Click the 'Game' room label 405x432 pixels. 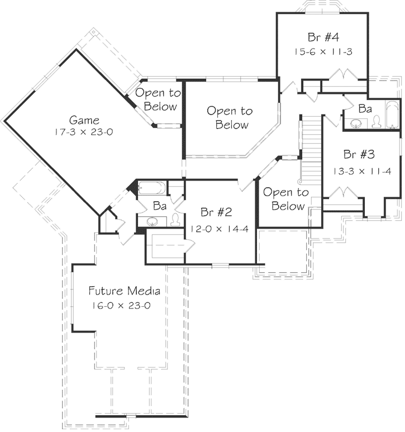point(84,120)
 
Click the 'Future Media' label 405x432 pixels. point(125,291)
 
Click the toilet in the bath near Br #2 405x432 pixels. point(175,220)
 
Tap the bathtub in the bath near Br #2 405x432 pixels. point(151,187)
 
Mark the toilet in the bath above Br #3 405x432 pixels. point(377,122)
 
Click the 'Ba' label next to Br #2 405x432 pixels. point(160,206)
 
